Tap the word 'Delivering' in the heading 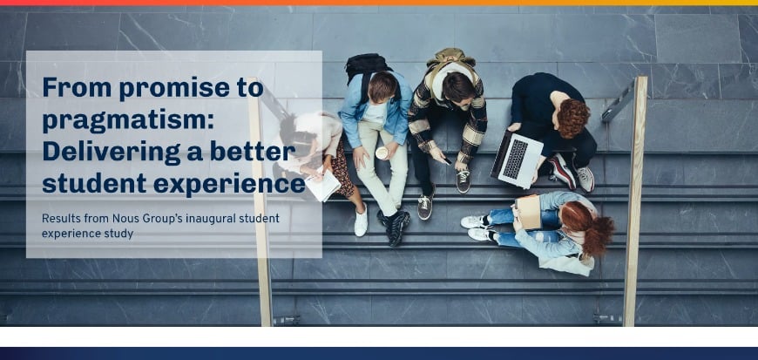[x=100, y=152]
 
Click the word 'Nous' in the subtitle [x=139, y=218]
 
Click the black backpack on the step [x=368, y=65]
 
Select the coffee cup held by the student [x=382, y=153]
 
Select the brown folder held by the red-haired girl [x=528, y=212]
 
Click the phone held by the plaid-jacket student [x=443, y=160]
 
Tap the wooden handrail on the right [x=635, y=200]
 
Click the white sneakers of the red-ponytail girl [x=476, y=228]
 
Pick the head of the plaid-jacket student [x=458, y=86]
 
